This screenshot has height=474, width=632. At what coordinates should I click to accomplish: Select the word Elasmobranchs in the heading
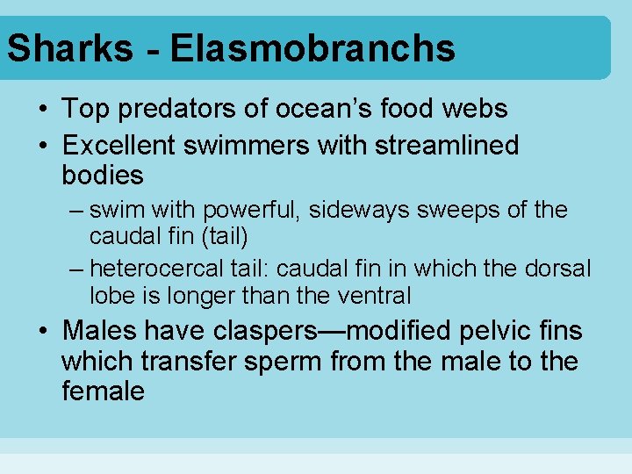[x=312, y=47]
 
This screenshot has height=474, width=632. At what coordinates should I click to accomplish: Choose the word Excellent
[x=124, y=145]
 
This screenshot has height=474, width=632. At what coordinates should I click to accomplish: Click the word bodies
[x=103, y=175]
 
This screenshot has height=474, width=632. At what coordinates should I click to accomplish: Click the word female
[x=103, y=391]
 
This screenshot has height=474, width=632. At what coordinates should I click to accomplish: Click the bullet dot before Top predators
[x=42, y=110]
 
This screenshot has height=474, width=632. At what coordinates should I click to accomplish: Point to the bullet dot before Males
[x=42, y=332]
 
